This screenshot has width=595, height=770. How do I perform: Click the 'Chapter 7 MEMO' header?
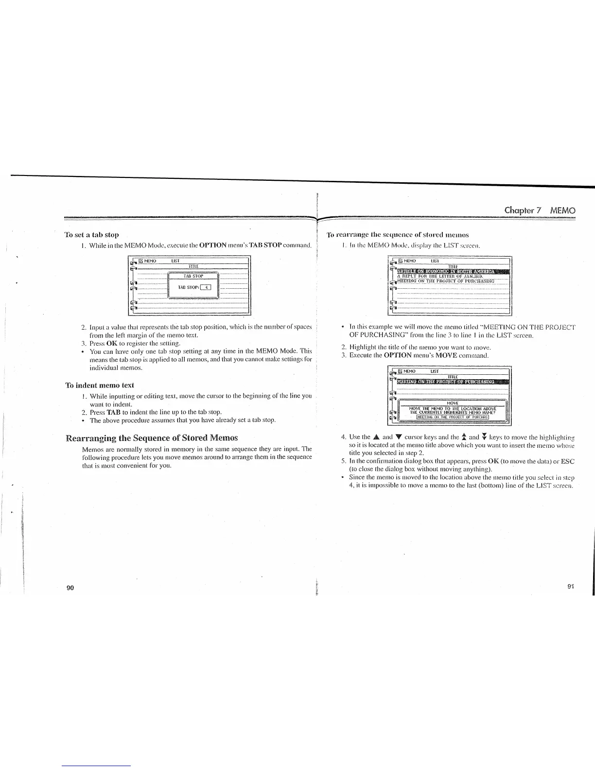click(x=540, y=210)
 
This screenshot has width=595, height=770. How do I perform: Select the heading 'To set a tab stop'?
click(x=92, y=235)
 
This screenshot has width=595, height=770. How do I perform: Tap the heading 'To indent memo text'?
click(x=100, y=385)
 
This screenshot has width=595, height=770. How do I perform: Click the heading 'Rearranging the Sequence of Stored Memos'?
click(x=152, y=437)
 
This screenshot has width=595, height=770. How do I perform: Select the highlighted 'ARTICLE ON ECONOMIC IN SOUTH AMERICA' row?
click(x=453, y=271)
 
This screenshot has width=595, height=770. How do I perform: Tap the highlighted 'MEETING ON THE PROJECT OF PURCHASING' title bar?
click(x=453, y=381)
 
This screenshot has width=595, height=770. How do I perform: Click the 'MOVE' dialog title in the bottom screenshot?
click(x=453, y=403)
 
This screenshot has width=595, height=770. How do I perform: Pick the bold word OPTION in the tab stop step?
click(x=213, y=245)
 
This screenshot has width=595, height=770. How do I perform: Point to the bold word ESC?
click(x=567, y=461)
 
